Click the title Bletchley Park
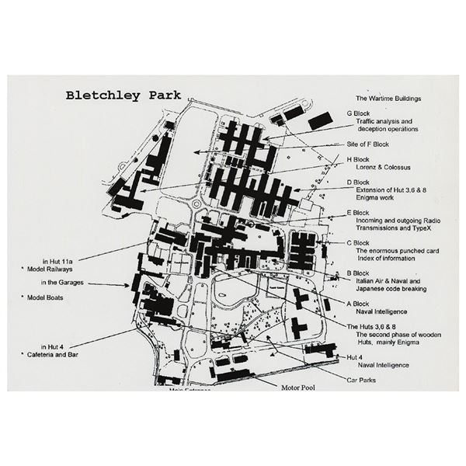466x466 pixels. (123, 96)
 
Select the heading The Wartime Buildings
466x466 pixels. (391, 99)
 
